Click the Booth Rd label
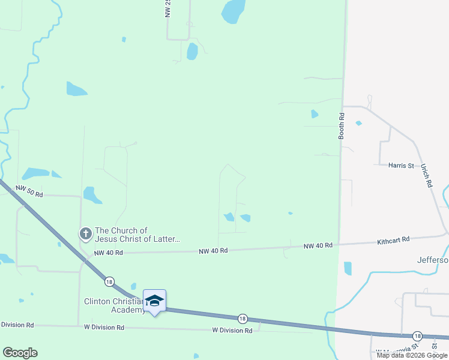coord(341,127)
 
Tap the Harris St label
coord(401,165)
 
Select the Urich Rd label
coord(426,176)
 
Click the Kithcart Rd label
coord(393,240)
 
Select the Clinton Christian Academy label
coord(114,305)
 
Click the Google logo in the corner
coord(20,353)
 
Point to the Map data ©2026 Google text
coord(412,355)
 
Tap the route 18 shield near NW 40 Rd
coord(109,281)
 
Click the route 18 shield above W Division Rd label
coord(242,319)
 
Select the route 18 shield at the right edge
coord(417,335)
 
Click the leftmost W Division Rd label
coord(17,325)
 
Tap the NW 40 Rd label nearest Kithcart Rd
coord(318,246)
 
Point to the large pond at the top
coord(233,11)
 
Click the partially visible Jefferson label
coord(433,260)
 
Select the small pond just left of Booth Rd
coord(314,114)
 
